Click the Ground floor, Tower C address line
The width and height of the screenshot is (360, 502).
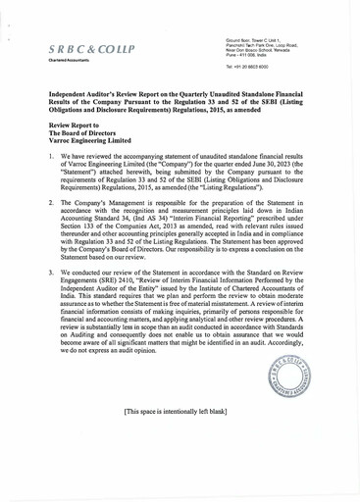pyautogui.click(x=258, y=38)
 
